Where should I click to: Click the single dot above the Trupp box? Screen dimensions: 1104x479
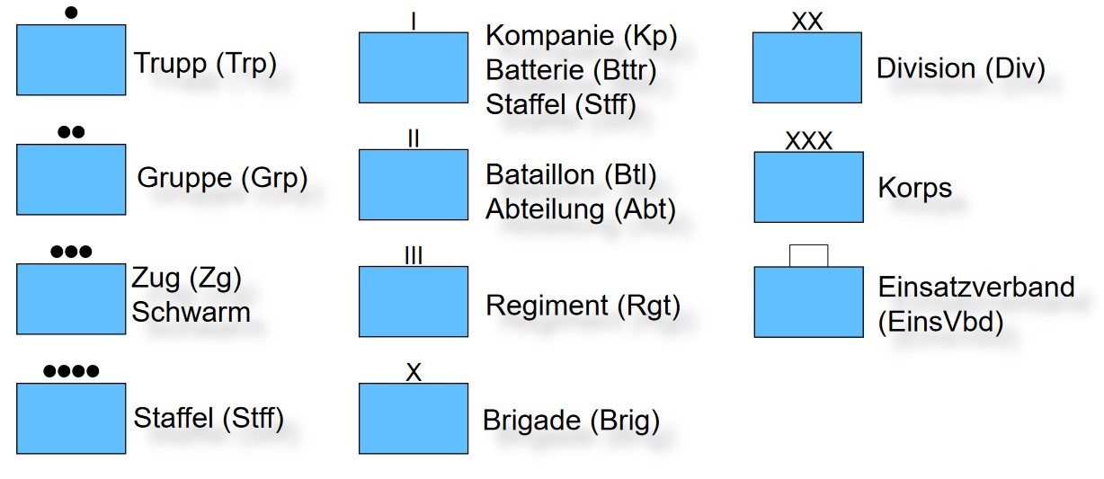(x=71, y=13)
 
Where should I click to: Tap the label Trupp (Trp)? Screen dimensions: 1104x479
(x=205, y=63)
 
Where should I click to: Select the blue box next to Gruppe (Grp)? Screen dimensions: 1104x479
(x=71, y=179)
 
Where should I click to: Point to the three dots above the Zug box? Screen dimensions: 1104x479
(x=71, y=252)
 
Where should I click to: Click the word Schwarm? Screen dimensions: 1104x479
(x=191, y=312)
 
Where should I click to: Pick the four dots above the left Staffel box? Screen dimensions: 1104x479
(x=71, y=370)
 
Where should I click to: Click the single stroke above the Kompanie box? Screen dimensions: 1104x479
(x=413, y=20)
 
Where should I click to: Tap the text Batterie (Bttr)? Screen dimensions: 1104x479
(x=571, y=70)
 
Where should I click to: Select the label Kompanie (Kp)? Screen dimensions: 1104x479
(x=581, y=36)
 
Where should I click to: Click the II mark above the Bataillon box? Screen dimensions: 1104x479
(x=413, y=138)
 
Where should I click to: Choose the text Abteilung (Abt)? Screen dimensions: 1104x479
(x=580, y=209)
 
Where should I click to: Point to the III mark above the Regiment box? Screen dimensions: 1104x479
(x=413, y=256)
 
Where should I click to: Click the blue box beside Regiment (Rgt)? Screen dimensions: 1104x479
(x=413, y=301)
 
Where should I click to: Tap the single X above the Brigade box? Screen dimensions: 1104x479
(x=413, y=373)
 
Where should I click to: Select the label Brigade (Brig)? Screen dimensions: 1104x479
(x=571, y=421)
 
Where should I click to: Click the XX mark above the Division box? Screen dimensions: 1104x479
(x=807, y=22)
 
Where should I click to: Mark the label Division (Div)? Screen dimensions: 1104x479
(x=960, y=68)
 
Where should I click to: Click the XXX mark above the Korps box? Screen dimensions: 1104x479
(x=808, y=141)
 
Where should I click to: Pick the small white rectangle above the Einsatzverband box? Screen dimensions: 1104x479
(x=808, y=255)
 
